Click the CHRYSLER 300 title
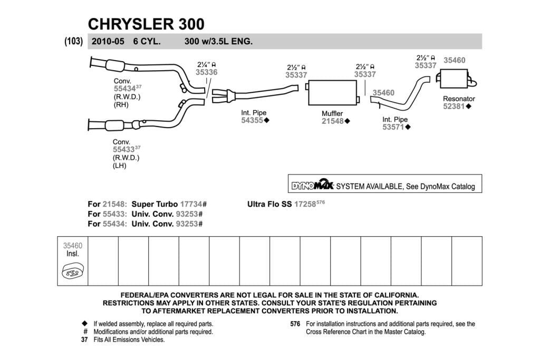[146, 24]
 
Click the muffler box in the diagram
[332, 93]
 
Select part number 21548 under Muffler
[333, 121]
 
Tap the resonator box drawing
[455, 79]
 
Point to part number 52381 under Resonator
[454, 106]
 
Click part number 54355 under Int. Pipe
[252, 120]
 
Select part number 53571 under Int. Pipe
[393, 127]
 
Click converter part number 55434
[124, 89]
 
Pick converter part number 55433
[123, 150]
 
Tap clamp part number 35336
[207, 72]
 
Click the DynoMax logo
[312, 184]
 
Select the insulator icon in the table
[73, 271]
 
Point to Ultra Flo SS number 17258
[305, 204]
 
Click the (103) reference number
[74, 41]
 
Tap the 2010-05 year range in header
[108, 41]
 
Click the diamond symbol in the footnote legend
[85, 324]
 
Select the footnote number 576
[295, 324]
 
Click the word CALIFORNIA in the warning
[397, 295]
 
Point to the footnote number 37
[84, 339]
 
